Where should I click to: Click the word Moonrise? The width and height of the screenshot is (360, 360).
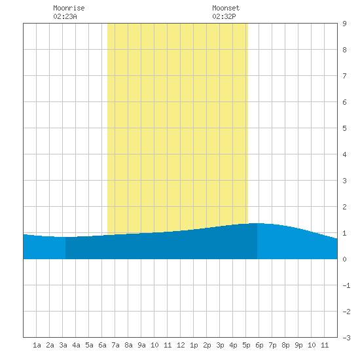69,8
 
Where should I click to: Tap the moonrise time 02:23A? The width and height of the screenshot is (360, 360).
65,16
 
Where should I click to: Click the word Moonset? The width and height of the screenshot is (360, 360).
226,8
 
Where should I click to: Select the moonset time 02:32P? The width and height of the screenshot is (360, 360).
224,16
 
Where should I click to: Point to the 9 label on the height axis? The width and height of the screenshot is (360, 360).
344,24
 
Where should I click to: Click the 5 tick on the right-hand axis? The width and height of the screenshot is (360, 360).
344,128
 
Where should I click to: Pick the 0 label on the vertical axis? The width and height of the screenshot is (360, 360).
344,259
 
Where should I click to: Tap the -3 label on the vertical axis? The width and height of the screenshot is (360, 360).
346,338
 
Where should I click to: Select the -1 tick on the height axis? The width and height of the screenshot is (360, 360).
346,285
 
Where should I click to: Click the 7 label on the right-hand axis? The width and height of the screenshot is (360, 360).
344,76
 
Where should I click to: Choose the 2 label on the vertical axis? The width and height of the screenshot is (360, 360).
344,207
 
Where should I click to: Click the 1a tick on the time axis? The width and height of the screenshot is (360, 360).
37,345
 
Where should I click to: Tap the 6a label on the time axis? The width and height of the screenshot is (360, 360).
102,345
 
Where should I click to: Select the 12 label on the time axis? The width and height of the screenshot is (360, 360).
181,345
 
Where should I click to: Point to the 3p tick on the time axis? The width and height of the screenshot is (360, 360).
220,345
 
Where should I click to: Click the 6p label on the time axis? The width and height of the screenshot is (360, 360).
259,345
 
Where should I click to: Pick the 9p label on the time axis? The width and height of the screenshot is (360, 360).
298,345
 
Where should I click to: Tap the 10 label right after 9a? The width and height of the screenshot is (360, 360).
154,345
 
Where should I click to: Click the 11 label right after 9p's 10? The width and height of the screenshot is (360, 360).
325,345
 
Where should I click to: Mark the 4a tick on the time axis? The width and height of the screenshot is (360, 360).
76,345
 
